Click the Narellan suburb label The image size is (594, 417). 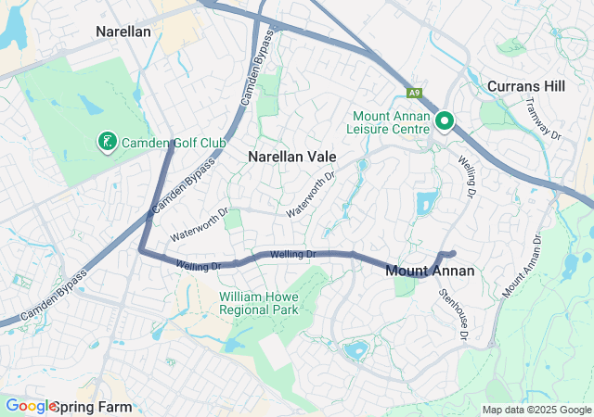click(x=123, y=32)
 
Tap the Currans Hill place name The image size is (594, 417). click(x=525, y=85)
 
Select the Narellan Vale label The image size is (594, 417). click(x=291, y=157)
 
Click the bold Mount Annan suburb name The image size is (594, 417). click(x=430, y=271)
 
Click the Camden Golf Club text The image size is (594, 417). click(x=174, y=143)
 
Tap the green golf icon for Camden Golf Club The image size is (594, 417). click(x=108, y=142)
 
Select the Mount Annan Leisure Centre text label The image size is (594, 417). click(x=390, y=123)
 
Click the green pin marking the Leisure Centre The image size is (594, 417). click(x=444, y=120)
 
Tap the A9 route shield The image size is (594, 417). click(x=414, y=93)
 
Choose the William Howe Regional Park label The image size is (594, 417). click(x=259, y=303)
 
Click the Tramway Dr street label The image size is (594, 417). click(x=544, y=120)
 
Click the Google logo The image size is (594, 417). click(x=31, y=406)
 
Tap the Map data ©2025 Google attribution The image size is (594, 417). click(x=536, y=410)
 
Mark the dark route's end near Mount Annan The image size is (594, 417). click(x=453, y=253)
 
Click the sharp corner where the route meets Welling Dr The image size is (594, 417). click(x=141, y=249)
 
